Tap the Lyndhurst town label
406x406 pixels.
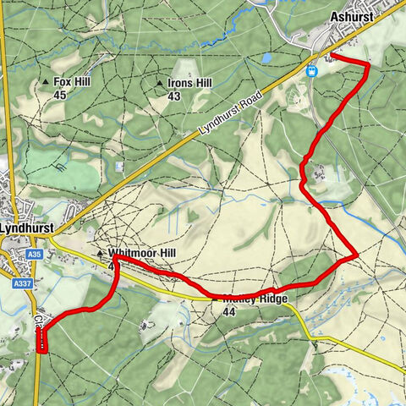pos(26,228)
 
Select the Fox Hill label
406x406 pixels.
pos(72,82)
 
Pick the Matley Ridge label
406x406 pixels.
pos(255,300)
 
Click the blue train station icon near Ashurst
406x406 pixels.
pos(314,72)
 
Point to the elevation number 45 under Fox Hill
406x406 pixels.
pos(60,96)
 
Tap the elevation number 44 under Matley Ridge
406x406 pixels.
pos(228,312)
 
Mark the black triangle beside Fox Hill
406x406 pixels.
pos(46,82)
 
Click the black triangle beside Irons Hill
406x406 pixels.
pos(161,83)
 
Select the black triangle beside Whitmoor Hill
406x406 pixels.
pos(101,253)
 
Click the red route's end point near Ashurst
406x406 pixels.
pos(330,56)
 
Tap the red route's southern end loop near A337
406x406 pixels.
pos(41,341)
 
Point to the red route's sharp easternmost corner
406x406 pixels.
pos(358,255)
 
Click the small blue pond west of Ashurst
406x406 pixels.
pos(267,59)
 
